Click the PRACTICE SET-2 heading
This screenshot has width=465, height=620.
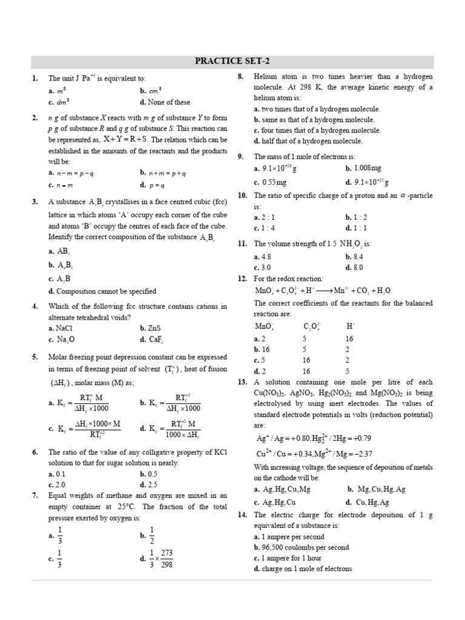[x=232, y=61]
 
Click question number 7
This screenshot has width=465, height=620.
[x=35, y=495]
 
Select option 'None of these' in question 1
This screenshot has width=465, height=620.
[x=164, y=102]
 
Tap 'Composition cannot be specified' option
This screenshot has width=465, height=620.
[x=102, y=291]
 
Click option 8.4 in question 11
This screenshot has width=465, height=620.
[x=354, y=256]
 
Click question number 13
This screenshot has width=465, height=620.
[x=242, y=382]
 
